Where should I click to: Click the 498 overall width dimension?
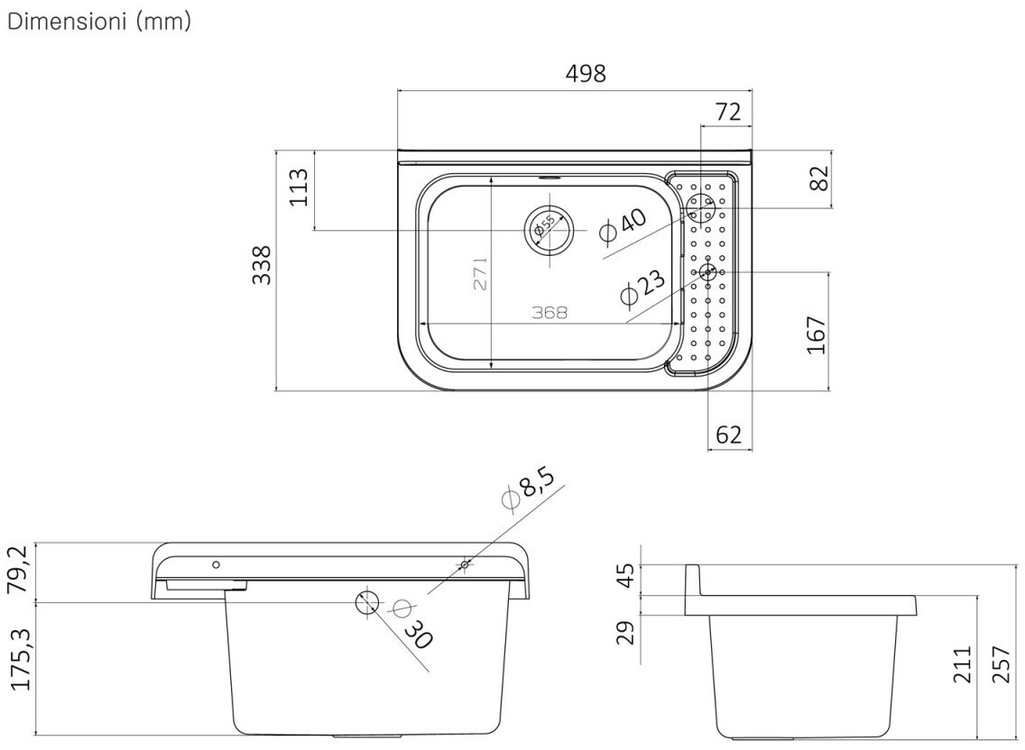586,73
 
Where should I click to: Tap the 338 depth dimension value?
262,265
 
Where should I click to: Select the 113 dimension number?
299,187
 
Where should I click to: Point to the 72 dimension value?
728,112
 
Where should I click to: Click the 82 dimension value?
818,178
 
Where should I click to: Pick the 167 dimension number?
817,335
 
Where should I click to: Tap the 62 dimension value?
729,434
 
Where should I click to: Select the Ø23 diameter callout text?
642,287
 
